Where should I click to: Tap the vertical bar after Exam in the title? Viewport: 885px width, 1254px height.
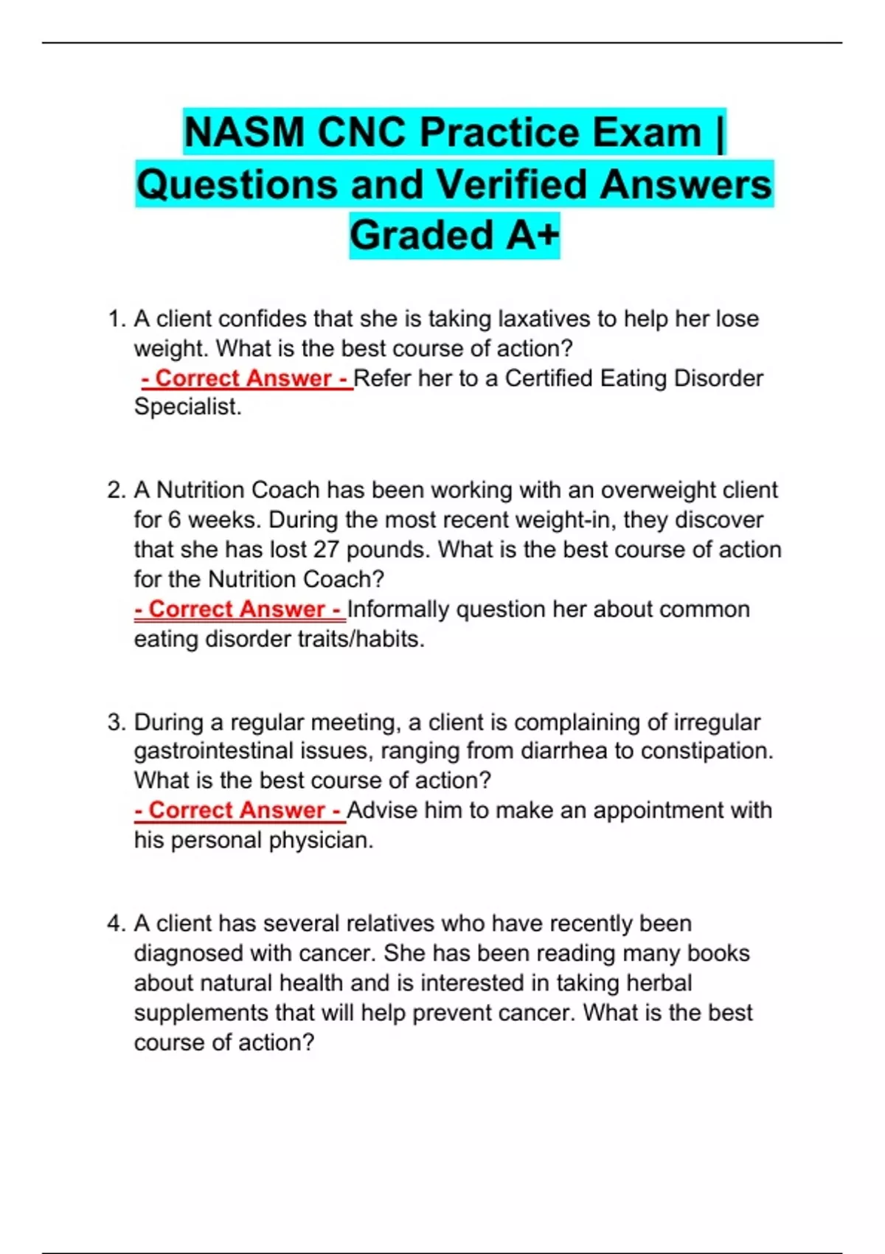[x=720, y=133]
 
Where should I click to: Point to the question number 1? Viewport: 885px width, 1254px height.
[x=117, y=319]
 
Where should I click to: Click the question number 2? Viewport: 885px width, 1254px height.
[x=117, y=491]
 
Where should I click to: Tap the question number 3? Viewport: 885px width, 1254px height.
[x=117, y=722]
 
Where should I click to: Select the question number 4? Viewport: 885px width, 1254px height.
[x=117, y=924]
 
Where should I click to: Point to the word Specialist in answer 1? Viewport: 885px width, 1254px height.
[x=187, y=407]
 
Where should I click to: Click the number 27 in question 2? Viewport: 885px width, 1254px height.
[x=326, y=550]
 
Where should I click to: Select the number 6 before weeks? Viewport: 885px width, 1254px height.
[x=174, y=520]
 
